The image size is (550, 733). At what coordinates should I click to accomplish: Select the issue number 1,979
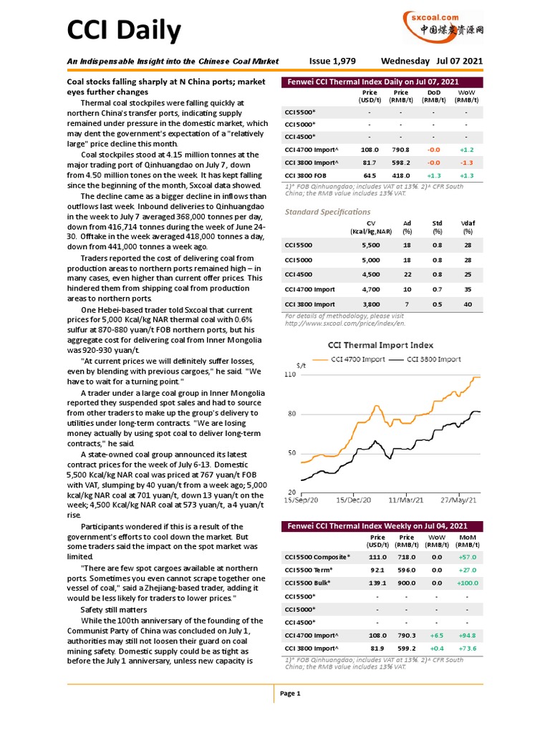click(332, 62)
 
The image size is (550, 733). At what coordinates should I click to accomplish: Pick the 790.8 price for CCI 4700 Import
click(401, 150)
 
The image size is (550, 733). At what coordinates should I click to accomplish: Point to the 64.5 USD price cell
click(370, 175)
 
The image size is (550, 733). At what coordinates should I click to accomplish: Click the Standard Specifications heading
click(327, 212)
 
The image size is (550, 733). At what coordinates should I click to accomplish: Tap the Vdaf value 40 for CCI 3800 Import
click(468, 304)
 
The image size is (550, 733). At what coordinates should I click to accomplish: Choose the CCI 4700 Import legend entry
click(354, 359)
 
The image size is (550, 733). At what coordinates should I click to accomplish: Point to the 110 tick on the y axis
click(290, 374)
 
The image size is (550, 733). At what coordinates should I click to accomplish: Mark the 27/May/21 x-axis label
click(458, 499)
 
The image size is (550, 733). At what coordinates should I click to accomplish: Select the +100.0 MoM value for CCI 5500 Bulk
click(467, 583)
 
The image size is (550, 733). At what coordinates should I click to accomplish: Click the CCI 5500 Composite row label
click(318, 557)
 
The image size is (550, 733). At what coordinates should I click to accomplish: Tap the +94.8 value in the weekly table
click(467, 635)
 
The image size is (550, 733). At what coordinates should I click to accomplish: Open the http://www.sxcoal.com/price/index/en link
click(343, 322)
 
